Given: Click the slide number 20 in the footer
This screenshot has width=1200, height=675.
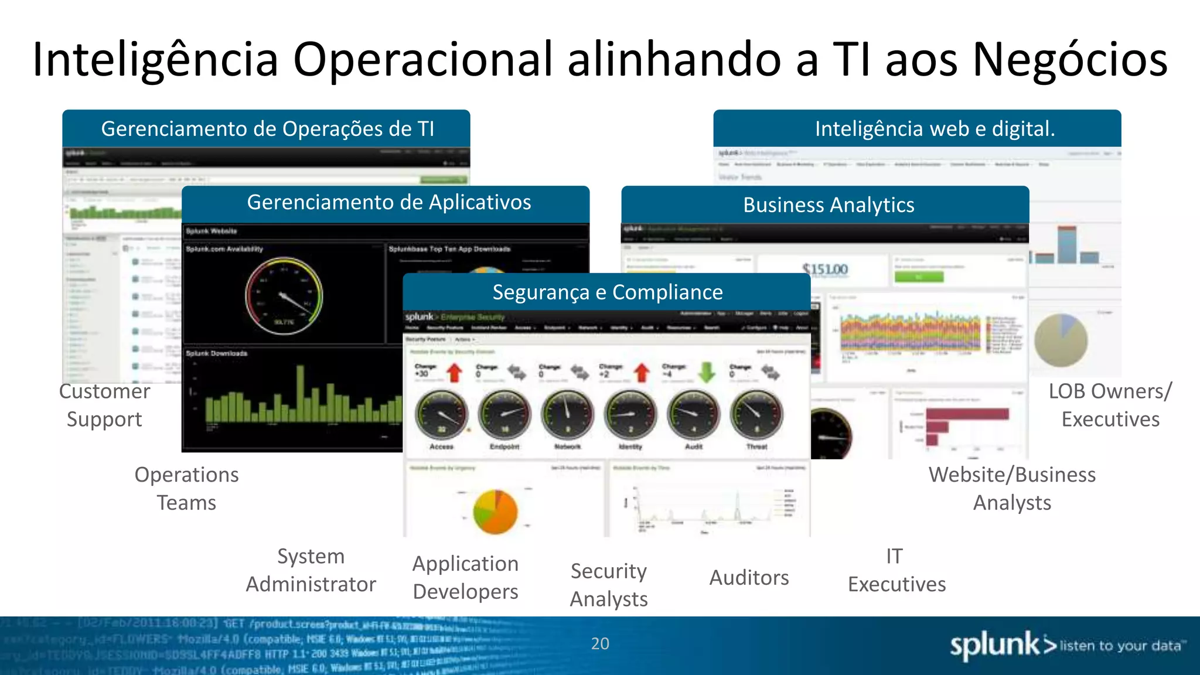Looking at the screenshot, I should click(600, 643).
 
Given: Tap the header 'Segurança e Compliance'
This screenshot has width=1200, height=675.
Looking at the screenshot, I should click(607, 292).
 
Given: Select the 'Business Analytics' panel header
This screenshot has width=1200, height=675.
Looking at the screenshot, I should click(829, 205).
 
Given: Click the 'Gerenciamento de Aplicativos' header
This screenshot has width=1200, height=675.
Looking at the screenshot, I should click(388, 202).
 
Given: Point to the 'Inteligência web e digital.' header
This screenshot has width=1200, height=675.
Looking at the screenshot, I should click(935, 129).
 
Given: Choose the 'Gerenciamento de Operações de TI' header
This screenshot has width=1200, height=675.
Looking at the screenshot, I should click(267, 129).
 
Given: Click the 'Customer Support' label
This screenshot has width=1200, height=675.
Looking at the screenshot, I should click(104, 405).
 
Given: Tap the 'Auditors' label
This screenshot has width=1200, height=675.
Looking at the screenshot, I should click(749, 578).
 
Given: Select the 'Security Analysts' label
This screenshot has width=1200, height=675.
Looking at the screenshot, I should click(609, 585).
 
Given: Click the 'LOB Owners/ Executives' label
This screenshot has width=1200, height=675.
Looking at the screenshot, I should click(1110, 405).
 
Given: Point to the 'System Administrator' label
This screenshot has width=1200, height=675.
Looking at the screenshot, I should click(311, 570).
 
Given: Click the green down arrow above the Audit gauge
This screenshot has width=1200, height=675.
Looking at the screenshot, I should click(707, 372).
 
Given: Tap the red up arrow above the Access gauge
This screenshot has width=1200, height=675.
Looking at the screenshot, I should click(455, 372).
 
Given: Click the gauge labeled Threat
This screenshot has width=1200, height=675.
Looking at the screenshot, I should click(756, 414).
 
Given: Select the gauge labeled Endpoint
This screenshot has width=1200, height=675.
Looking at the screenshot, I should click(504, 414).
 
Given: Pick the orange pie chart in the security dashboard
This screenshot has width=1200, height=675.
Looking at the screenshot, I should click(496, 512).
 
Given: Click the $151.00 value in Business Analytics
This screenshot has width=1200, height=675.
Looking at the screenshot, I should click(825, 270).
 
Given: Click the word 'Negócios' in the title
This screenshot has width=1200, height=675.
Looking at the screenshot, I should click(1070, 60).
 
